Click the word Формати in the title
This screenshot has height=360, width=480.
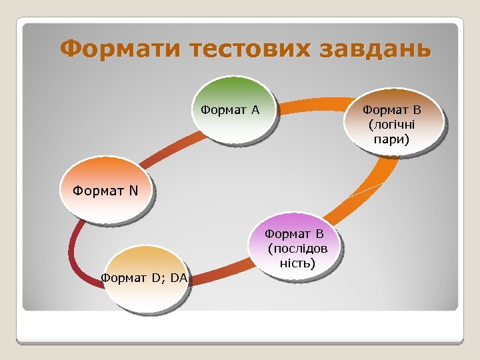click(120, 49)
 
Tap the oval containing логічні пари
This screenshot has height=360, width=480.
click(393, 124)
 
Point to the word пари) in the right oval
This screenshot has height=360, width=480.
click(393, 140)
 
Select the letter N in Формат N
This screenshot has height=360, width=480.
click(133, 191)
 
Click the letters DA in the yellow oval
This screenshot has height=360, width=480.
click(178, 277)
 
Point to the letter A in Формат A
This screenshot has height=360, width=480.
click(255, 110)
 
